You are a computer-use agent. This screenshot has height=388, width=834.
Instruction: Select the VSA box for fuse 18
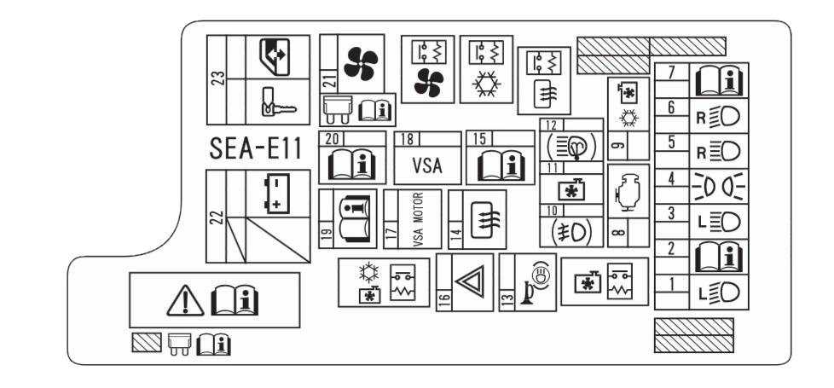(426, 165)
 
